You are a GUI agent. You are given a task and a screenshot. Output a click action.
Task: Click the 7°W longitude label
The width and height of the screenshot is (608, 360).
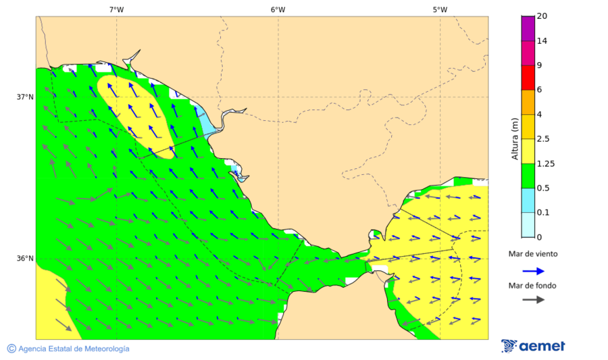pyautogui.click(x=116, y=9)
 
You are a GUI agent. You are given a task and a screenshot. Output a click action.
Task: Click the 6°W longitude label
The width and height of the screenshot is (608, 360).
pyautogui.click(x=278, y=9)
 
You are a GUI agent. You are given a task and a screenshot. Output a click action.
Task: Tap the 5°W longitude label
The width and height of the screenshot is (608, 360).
pyautogui.click(x=440, y=9)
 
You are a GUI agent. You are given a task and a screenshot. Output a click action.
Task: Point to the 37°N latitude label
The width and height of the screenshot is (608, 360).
pyautogui.click(x=25, y=97)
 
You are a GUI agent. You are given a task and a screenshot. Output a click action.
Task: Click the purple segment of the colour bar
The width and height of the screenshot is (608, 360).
pyautogui.click(x=528, y=28)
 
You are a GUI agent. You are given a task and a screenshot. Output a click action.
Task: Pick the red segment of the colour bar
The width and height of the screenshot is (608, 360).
pyautogui.click(x=528, y=78)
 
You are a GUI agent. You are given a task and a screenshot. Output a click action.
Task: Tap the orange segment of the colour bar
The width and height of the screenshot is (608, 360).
pyautogui.click(x=528, y=102)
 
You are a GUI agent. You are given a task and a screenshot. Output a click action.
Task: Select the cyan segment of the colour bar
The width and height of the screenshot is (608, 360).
pyautogui.click(x=528, y=200)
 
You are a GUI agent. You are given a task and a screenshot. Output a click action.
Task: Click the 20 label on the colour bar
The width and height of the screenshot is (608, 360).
pyautogui.click(x=542, y=16)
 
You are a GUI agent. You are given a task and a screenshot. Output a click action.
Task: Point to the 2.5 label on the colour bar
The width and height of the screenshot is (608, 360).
pyautogui.click(x=542, y=139)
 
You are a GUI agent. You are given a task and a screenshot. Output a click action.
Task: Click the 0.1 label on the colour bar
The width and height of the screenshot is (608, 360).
pyautogui.click(x=542, y=213)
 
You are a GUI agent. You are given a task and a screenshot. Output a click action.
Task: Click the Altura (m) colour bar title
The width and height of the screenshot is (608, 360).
pyautogui.click(x=515, y=138)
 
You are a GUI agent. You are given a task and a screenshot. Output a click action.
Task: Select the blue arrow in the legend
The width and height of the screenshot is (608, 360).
pyautogui.click(x=533, y=271)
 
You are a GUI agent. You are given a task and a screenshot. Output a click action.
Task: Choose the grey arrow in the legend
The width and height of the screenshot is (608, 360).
pyautogui.click(x=533, y=299)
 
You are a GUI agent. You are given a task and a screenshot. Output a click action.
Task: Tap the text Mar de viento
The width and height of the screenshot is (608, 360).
pyautogui.click(x=533, y=254)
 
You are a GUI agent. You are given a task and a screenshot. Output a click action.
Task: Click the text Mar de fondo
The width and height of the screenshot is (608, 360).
pyautogui.click(x=532, y=286)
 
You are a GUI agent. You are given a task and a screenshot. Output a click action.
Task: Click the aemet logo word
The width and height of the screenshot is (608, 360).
pyautogui.click(x=542, y=346)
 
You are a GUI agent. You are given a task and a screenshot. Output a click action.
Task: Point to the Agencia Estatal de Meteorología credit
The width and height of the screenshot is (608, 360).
pyautogui.click(x=68, y=349)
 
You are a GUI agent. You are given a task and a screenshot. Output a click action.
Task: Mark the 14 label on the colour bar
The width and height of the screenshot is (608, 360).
pyautogui.click(x=542, y=41)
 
